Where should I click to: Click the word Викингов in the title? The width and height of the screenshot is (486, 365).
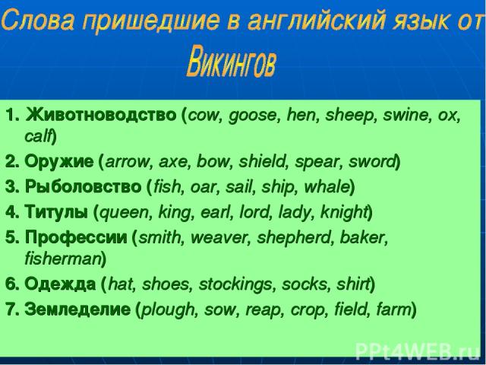click(231, 61)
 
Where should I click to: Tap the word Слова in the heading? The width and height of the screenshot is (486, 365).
click(38, 19)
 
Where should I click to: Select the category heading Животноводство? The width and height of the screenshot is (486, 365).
click(101, 115)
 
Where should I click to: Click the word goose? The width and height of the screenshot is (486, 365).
click(252, 116)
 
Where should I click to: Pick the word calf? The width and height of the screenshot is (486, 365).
click(37, 136)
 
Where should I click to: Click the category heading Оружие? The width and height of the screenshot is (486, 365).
click(59, 162)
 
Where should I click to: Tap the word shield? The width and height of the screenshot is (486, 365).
click(262, 161)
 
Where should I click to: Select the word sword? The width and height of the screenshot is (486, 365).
click(372, 161)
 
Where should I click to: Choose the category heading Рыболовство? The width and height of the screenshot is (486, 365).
click(83, 187)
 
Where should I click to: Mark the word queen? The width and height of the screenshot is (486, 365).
click(124, 213)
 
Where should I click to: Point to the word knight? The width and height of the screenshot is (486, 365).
click(343, 213)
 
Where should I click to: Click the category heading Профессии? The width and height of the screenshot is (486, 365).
click(76, 237)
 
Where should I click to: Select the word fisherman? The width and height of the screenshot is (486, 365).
click(63, 259)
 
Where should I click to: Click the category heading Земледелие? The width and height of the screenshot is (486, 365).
click(77, 309)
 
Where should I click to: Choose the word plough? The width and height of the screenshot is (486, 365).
click(168, 310)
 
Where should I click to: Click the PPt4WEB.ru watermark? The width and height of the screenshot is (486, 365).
click(418, 351)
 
